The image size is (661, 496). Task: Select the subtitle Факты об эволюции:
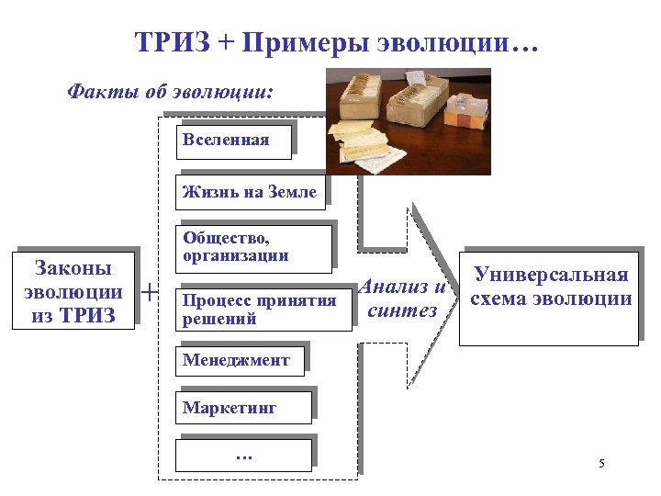(170, 93)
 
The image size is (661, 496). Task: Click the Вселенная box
(236, 140)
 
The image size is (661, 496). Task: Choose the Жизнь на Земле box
(251, 192)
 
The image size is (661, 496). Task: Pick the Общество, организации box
(253, 248)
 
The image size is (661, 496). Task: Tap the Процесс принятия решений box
(262, 310)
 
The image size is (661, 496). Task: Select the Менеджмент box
(241, 360)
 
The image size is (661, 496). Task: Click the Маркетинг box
(244, 407)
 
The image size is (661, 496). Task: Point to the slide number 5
(601, 463)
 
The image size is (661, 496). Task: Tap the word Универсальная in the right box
(551, 276)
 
